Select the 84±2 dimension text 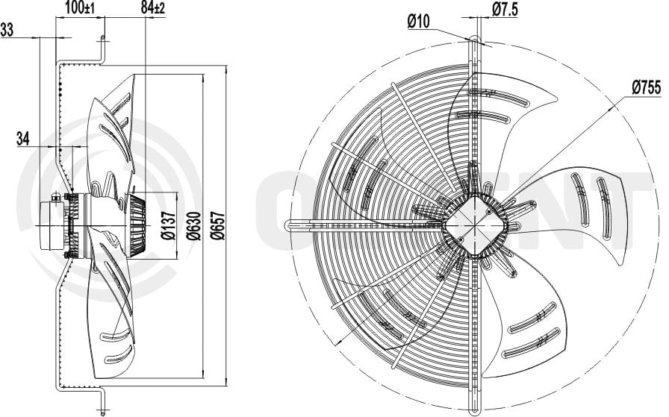(x=152, y=7)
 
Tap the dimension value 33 (x=7, y=30)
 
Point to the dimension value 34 (x=22, y=138)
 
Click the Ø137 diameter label (x=169, y=225)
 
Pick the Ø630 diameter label (x=194, y=225)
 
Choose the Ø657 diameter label (x=219, y=225)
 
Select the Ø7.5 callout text (x=505, y=9)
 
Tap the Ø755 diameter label (x=646, y=87)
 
